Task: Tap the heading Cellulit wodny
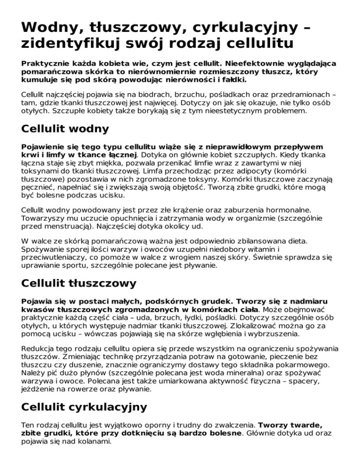(65, 128)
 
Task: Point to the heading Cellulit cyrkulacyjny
(84, 406)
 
